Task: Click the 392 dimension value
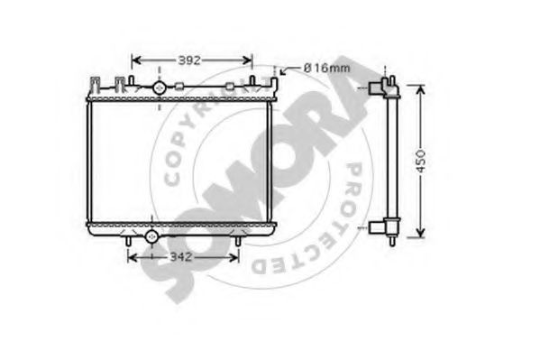[189, 60]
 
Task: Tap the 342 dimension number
[181, 257]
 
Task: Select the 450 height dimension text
[420, 161]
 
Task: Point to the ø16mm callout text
[326, 68]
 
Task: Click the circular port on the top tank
[159, 88]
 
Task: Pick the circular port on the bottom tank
[151, 236]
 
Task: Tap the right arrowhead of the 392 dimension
[248, 60]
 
